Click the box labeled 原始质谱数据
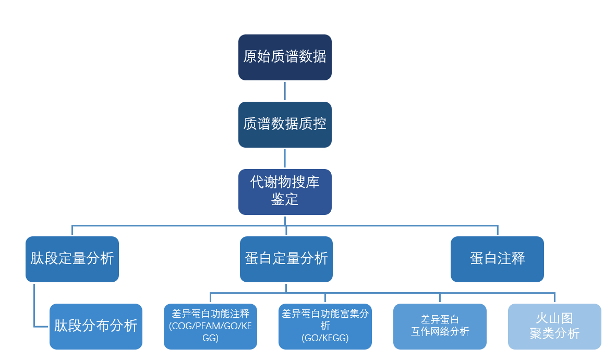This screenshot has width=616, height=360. [x=285, y=57]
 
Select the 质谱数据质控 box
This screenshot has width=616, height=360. [x=285, y=125]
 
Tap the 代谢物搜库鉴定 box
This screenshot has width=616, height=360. [x=285, y=191]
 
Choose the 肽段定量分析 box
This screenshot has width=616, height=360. [x=72, y=259]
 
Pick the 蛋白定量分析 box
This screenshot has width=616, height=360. [x=286, y=259]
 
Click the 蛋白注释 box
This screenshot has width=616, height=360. [x=497, y=259]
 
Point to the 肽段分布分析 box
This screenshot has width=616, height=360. [x=96, y=327]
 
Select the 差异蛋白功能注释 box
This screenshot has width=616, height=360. [x=210, y=327]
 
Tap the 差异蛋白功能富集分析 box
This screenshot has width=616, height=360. [x=325, y=327]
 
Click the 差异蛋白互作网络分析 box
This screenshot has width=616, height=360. [x=440, y=327]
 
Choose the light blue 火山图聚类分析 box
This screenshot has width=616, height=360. [x=554, y=327]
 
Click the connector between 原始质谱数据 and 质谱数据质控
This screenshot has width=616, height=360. [x=285, y=91]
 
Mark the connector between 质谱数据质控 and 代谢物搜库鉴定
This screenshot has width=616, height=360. [x=285, y=158]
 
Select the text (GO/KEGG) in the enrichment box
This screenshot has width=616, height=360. [x=325, y=338]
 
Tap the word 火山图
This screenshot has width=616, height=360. [x=554, y=319]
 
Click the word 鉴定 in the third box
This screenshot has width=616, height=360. [x=285, y=199]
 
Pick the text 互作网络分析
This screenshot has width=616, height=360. [x=440, y=332]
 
